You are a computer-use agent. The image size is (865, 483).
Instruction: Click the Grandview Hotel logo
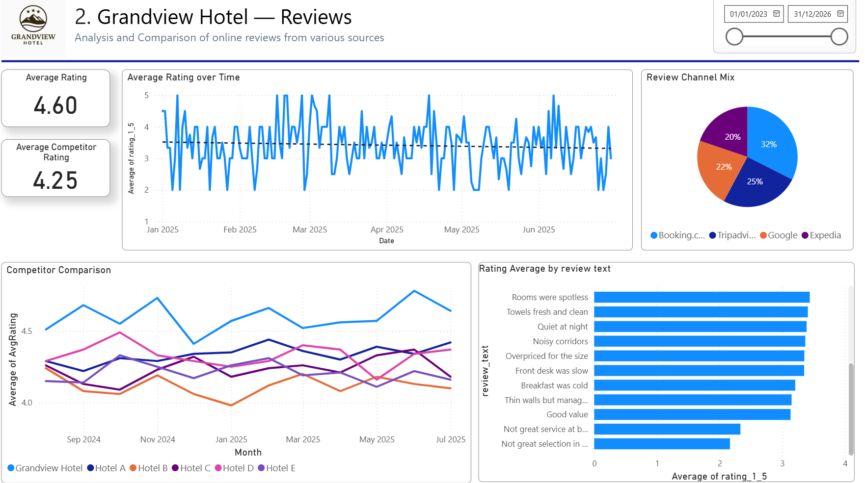coord(33,25)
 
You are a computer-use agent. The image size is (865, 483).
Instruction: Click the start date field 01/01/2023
coord(748,14)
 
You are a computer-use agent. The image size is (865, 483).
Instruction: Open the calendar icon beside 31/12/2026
coord(840,14)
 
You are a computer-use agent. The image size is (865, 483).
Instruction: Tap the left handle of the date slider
coord(734,37)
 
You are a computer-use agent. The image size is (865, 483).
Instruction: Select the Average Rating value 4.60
coord(55,105)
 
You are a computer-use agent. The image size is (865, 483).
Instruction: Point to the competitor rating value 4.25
coord(55,180)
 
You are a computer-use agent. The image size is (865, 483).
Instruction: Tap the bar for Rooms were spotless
coord(702,297)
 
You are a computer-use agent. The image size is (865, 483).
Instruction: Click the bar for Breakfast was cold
coord(694,385)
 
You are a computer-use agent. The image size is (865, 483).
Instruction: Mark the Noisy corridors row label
coord(560,341)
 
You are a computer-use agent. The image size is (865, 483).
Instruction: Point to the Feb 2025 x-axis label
coord(240,229)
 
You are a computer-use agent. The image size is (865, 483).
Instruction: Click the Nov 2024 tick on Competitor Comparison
coord(158,439)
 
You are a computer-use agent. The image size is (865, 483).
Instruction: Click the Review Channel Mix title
coord(690,77)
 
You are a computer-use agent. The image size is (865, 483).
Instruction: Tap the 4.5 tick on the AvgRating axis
coord(27,331)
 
